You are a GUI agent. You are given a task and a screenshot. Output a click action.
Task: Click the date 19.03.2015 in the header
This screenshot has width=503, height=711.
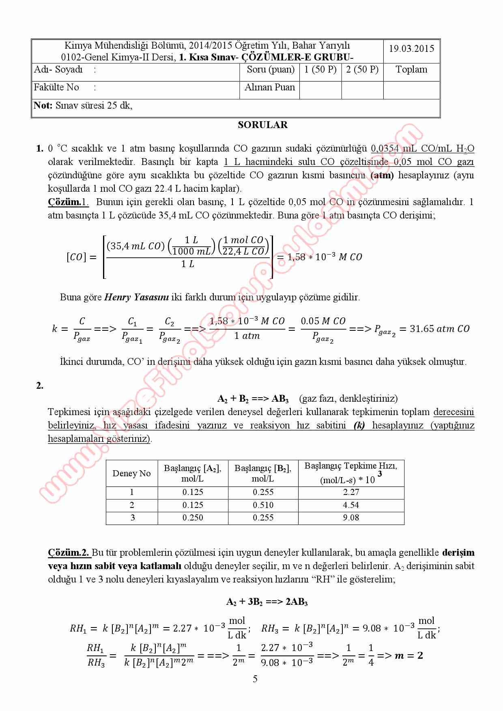tap(411, 49)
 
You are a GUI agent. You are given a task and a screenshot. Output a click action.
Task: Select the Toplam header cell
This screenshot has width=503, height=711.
tap(411, 69)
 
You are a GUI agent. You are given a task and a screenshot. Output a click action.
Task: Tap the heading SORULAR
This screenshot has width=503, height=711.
tap(262, 125)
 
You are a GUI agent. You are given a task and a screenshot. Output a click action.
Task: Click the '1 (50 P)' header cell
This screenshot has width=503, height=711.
tap(320, 69)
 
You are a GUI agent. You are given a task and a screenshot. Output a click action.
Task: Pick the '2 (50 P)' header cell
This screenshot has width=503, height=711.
tap(362, 69)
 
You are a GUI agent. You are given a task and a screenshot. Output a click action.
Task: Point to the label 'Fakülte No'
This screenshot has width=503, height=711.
tap(56, 87)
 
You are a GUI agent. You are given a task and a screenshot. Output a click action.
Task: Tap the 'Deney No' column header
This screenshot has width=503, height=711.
tap(131, 473)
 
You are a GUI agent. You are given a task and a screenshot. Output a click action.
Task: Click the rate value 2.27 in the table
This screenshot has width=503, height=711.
tap(351, 492)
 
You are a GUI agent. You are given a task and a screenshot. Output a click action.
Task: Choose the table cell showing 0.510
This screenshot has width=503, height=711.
tap(263, 505)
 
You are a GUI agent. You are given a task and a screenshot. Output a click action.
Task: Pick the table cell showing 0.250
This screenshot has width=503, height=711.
tap(193, 518)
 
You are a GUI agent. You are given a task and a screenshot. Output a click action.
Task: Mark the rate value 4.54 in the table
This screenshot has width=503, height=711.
tap(351, 505)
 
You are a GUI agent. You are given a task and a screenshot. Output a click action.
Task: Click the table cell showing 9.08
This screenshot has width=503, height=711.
tap(351, 518)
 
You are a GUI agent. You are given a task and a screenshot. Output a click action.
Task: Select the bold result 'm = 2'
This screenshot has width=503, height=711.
tap(408, 655)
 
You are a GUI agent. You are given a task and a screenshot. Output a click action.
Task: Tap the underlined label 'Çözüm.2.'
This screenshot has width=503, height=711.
tap(69, 553)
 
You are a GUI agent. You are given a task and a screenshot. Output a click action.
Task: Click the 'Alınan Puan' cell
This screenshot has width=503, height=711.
tap(270, 87)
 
